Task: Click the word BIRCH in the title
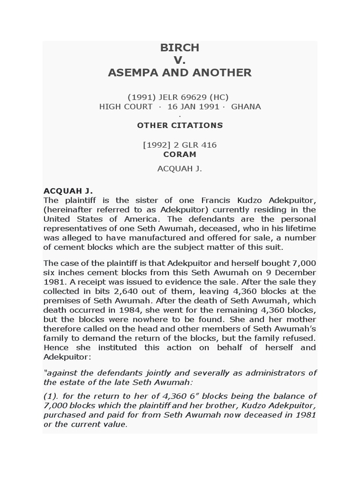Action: coord(180,48)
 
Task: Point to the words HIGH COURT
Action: coord(126,106)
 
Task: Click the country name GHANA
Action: coord(246,106)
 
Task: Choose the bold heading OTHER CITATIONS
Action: coord(180,125)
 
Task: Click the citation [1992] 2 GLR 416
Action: coord(180,145)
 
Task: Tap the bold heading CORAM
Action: coord(180,154)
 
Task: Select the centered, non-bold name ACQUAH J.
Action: coord(180,169)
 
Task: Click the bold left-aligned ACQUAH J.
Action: coord(68,191)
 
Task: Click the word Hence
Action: coord(56,347)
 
